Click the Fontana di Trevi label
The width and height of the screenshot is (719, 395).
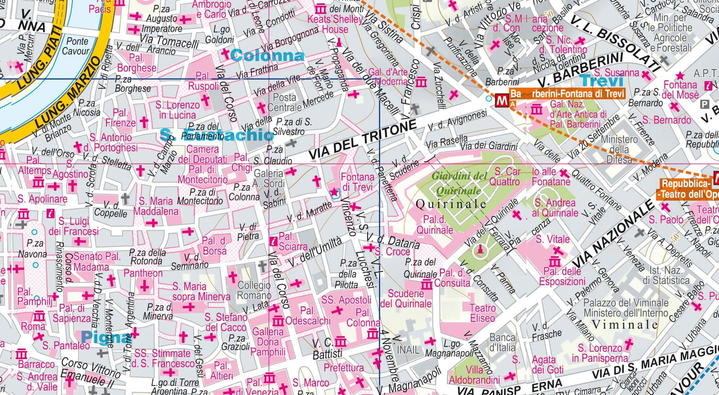click(x=357, y=182)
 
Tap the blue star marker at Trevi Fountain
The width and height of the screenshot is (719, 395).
click(x=335, y=192)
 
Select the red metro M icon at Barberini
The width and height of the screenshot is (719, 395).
click(x=502, y=101)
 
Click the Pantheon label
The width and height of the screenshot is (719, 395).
click(x=143, y=273)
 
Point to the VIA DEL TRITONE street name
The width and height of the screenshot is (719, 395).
click(x=362, y=140)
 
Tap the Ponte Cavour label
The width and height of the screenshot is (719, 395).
click(x=77, y=46)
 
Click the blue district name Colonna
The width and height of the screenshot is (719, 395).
click(x=267, y=56)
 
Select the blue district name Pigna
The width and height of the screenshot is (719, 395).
click(x=105, y=338)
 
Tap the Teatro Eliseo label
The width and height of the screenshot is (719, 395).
click(x=482, y=313)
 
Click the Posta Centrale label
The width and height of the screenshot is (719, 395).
click(x=284, y=102)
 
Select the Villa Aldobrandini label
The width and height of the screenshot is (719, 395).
click(x=475, y=375)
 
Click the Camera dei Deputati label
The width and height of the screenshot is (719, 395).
click(x=202, y=154)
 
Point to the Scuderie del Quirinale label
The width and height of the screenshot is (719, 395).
click(x=406, y=298)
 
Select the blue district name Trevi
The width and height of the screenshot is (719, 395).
click(x=602, y=81)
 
